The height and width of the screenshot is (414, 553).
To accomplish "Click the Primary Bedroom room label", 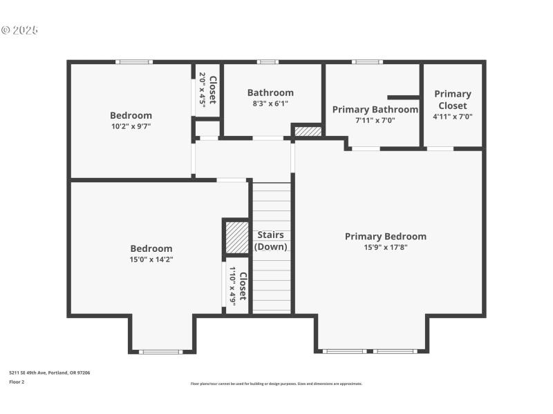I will click(x=385, y=236).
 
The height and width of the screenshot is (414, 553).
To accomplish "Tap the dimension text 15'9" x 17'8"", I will click(x=385, y=247).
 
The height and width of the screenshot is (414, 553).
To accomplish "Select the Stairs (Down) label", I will click(x=270, y=240).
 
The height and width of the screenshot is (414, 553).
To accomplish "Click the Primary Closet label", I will click(x=452, y=99).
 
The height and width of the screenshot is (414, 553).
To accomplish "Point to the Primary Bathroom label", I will click(x=375, y=109).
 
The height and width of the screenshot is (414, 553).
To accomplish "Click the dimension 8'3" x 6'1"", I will click(x=270, y=103).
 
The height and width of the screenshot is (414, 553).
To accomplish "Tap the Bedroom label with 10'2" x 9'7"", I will click(x=131, y=115).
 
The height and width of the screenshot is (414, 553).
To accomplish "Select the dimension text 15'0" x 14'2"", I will click(x=151, y=259).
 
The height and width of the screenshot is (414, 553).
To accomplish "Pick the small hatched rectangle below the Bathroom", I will click(x=308, y=131).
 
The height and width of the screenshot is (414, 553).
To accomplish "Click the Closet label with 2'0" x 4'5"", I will click(x=212, y=89).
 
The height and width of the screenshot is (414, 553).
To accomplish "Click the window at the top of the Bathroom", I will click(x=268, y=62).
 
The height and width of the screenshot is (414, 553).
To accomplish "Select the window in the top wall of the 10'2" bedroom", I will click(x=133, y=62).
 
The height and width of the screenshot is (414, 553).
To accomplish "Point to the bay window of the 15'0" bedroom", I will click(x=160, y=352).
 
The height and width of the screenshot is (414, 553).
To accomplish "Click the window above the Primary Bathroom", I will click(x=366, y=62).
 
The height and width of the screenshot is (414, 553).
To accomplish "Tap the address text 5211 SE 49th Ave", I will click(x=49, y=373).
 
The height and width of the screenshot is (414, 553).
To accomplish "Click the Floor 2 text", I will click(x=17, y=381).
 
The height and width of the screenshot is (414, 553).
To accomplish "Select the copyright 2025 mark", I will click(x=19, y=30).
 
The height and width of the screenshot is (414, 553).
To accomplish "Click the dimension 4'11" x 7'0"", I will click(x=452, y=117).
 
